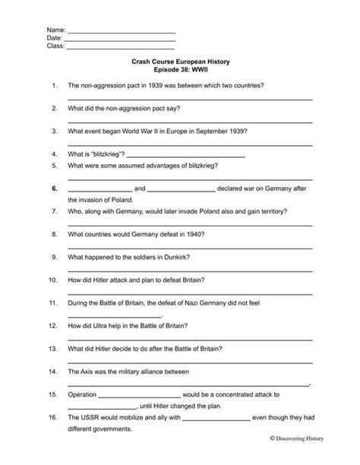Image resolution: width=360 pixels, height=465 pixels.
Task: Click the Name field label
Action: (56, 29)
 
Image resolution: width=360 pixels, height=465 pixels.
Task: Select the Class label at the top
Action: (56, 46)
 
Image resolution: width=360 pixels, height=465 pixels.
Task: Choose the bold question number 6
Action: (55, 188)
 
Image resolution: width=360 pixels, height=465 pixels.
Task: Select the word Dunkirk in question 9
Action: (176, 257)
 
